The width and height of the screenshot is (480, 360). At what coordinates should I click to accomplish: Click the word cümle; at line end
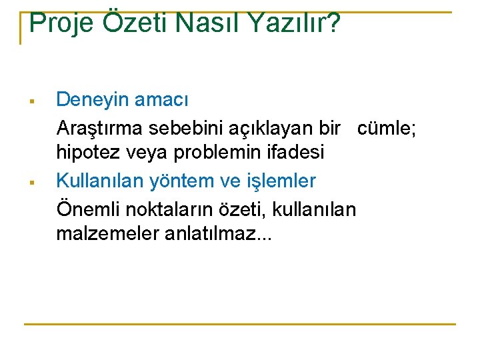[x=387, y=127]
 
